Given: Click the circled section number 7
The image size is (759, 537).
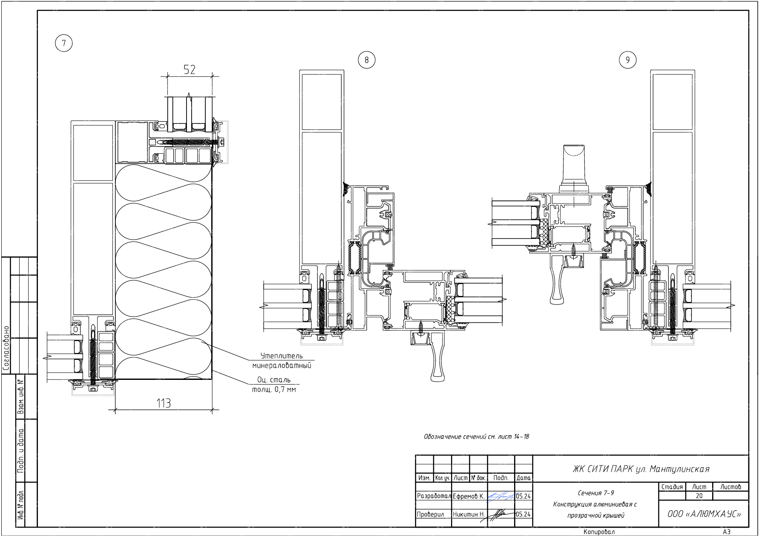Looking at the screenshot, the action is [64, 43].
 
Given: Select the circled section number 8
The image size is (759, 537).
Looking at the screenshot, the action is [367, 60].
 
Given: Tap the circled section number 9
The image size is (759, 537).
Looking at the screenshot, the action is [627, 60].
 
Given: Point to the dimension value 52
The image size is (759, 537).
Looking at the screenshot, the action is [190, 69].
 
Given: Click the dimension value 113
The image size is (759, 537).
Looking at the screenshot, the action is [164, 403].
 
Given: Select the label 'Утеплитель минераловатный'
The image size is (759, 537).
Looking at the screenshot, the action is [282, 361].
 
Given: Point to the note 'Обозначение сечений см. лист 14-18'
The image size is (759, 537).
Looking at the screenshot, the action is [476, 436].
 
